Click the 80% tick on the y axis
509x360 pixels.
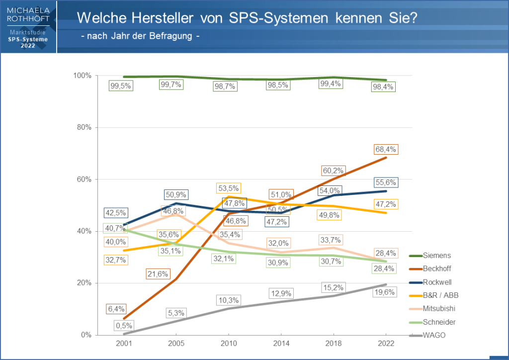(84, 127)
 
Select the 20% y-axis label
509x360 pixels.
(84, 283)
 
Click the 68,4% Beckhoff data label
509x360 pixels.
(386, 150)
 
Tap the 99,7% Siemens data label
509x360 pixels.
(171, 85)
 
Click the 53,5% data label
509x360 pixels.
(228, 188)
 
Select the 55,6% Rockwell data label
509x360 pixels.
(386, 182)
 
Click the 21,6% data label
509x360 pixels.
(158, 273)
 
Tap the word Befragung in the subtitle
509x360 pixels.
(167, 37)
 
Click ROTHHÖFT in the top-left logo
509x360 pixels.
(28, 19)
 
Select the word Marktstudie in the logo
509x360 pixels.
(28, 32)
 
